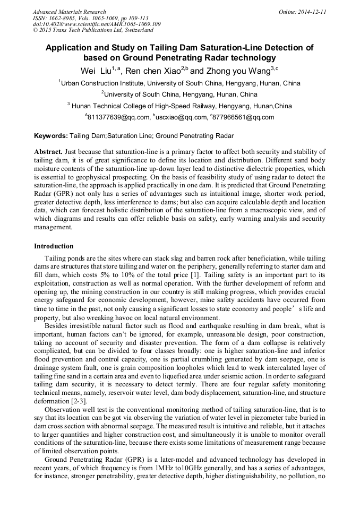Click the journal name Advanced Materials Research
click(70, 12)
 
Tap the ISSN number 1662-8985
click(62, 18)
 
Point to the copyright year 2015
click(46, 30)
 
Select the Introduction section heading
click(54, 246)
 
